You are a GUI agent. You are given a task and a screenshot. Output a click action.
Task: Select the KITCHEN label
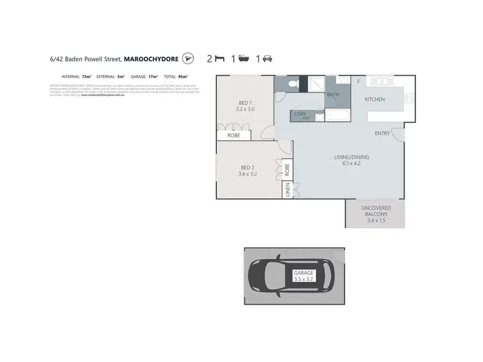click(x=374, y=100)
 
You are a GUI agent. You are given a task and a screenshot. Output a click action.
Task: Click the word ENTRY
click(x=383, y=133)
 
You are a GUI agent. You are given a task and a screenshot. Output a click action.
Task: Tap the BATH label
click(x=333, y=95)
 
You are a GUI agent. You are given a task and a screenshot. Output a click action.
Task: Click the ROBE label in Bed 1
click(x=233, y=136)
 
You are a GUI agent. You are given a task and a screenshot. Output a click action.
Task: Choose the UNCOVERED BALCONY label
click(x=377, y=210)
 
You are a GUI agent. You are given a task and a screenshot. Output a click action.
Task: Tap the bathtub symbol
click(x=337, y=116)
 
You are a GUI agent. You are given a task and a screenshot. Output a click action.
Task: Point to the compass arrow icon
click(x=187, y=59)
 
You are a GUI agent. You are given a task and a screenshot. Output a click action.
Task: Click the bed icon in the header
click(x=220, y=59)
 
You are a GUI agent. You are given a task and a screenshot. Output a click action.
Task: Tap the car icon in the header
click(x=267, y=59)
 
